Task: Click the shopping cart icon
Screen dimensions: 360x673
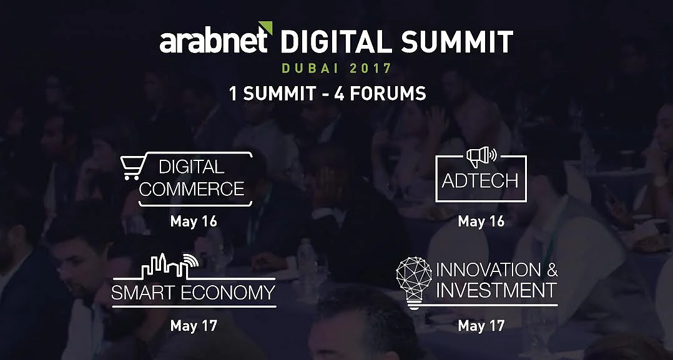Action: click(132, 167)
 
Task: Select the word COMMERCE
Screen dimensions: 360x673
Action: click(192, 188)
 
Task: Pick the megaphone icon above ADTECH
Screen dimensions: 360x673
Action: click(481, 157)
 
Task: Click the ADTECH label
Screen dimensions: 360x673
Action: click(480, 181)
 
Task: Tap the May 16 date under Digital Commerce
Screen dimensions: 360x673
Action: click(194, 222)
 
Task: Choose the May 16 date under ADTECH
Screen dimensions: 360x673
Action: click(481, 222)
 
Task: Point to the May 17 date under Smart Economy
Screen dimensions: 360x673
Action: click(194, 326)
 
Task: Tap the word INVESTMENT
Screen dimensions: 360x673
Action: click(496, 291)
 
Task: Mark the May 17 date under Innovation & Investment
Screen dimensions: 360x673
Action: click(481, 326)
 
